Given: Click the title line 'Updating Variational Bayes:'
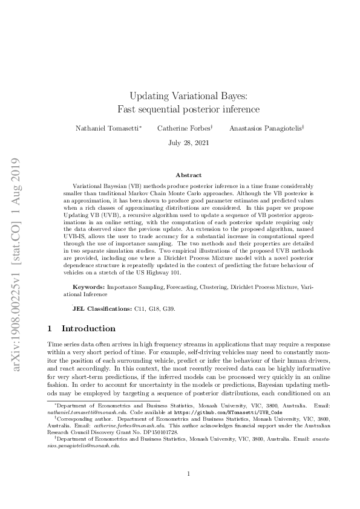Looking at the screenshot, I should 180,96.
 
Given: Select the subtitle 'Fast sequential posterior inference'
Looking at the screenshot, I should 180,109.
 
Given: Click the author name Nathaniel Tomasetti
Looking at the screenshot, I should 108,128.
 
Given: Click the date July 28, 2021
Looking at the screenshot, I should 180,143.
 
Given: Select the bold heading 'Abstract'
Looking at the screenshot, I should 180,175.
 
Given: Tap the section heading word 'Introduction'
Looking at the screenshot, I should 88,329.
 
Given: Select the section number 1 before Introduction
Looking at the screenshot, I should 50,329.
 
